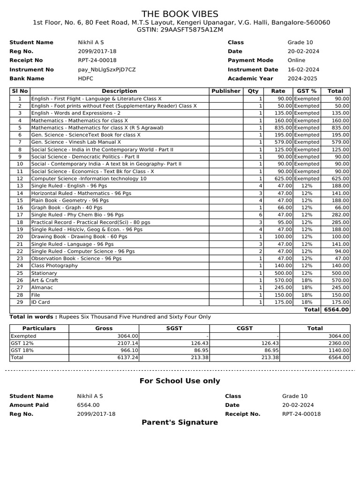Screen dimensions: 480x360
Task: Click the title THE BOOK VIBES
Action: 180,14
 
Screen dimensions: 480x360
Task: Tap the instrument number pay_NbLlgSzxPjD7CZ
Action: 106,69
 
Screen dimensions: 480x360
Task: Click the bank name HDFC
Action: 85,78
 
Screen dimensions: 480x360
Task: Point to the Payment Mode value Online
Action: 296,60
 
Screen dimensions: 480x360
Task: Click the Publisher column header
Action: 226,91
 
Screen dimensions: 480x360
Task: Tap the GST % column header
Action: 307,91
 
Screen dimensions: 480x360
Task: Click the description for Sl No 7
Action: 76,142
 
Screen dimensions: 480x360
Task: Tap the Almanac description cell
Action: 42,287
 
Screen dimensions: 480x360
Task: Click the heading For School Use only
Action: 180,381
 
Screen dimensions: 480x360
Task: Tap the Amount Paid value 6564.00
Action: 88,405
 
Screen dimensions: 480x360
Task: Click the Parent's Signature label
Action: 180,422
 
